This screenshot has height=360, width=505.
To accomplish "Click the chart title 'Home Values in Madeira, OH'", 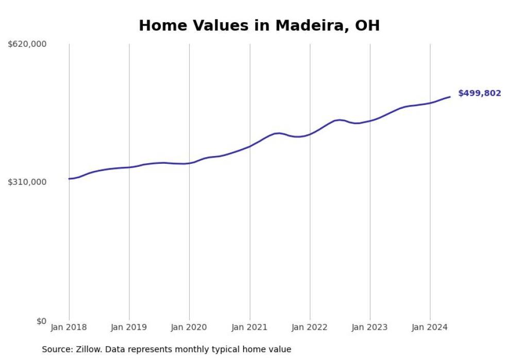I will [259, 26].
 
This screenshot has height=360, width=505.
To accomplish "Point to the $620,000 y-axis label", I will [27, 44].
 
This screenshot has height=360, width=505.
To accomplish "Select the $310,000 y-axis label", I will [27, 182].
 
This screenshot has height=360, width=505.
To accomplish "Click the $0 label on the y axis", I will [41, 321].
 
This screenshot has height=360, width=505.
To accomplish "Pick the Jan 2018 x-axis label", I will [69, 327].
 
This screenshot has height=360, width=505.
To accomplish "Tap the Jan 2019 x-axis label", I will [129, 327].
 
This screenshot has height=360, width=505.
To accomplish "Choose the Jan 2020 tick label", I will [189, 327].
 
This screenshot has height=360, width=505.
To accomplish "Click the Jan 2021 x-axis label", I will [250, 327].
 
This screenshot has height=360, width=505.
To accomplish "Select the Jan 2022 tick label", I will [310, 327].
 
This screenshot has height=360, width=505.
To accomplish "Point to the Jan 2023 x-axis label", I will [370, 327].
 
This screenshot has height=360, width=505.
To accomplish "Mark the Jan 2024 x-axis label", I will [430, 327].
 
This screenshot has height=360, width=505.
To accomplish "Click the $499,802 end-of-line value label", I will [479, 93].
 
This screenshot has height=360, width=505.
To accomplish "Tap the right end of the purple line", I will [450, 97].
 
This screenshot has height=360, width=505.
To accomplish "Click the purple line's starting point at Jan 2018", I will [69, 179].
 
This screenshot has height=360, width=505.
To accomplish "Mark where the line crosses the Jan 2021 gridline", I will [250, 146].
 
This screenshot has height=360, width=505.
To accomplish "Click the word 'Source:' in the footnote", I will [57, 350].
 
